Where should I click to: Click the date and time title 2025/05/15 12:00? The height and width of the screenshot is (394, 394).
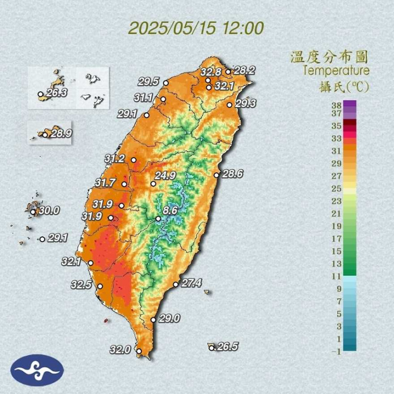pos(196,28)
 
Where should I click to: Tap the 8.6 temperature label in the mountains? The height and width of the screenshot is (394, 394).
pos(170,211)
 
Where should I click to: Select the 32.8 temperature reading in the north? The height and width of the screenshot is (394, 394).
pos(211,72)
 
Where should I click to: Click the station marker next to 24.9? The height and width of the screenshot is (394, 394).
pos(153,184)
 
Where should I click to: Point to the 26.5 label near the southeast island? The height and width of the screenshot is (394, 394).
pos(227,346)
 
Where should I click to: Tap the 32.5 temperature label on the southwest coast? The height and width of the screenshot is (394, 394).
pos(81,285)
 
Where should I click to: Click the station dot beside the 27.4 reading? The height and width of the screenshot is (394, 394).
pos(176,285)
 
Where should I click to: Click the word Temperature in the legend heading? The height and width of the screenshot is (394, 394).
pos(336,71)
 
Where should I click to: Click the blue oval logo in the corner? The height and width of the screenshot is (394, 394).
pos(37,370)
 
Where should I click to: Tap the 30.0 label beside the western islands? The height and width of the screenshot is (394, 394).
pos(49,211)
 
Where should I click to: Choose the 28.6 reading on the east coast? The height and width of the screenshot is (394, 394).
pos(233,174)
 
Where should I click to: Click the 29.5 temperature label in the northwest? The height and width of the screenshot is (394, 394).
pos(148,81)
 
